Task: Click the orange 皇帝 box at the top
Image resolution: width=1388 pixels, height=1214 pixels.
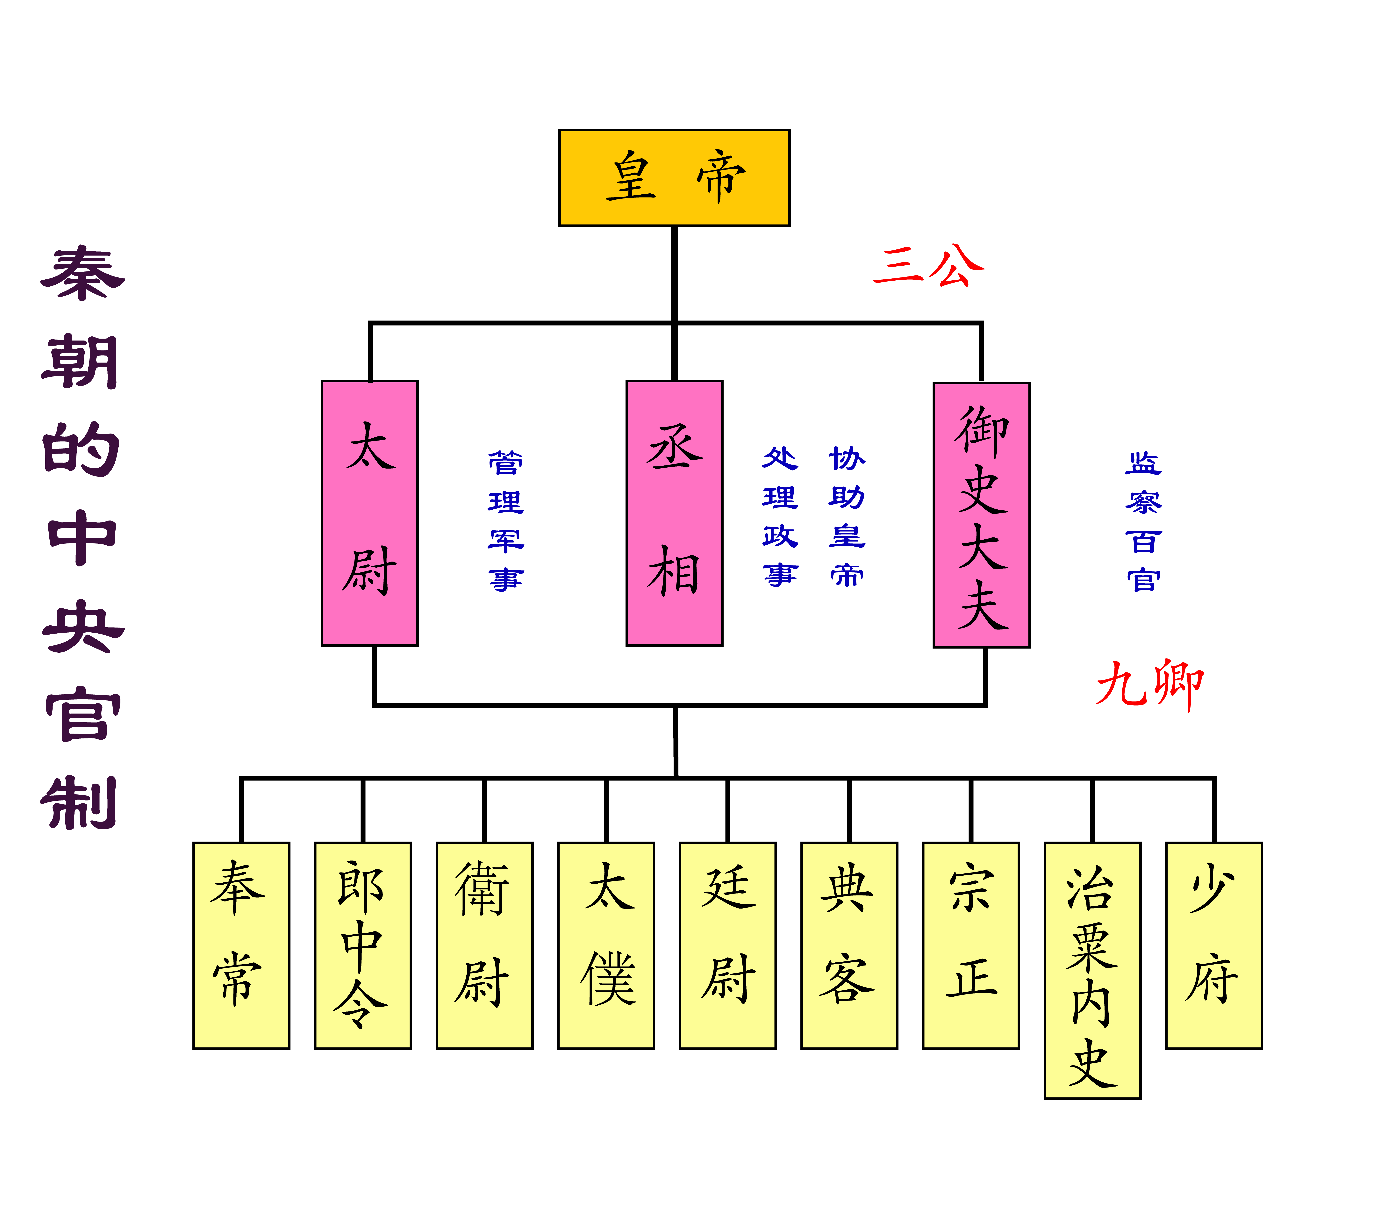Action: pos(674,177)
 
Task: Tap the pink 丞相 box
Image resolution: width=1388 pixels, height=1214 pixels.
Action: pos(674,513)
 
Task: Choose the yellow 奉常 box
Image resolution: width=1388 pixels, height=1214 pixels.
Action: pos(241,945)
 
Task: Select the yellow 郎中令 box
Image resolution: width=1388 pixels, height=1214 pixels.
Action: pos(362,945)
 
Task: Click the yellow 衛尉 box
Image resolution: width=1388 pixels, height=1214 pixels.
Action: pos(484,945)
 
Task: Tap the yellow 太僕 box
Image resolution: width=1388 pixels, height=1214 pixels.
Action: pos(606,945)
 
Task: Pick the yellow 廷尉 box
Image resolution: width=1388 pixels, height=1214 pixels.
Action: pos(727,945)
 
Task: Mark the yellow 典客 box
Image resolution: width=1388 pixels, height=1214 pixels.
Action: pos(849,945)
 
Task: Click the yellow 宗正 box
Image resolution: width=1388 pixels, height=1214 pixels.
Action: pos(971,945)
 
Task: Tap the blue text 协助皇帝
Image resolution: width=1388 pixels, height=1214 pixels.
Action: pos(847,516)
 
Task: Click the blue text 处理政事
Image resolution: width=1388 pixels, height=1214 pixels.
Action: pos(780,516)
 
